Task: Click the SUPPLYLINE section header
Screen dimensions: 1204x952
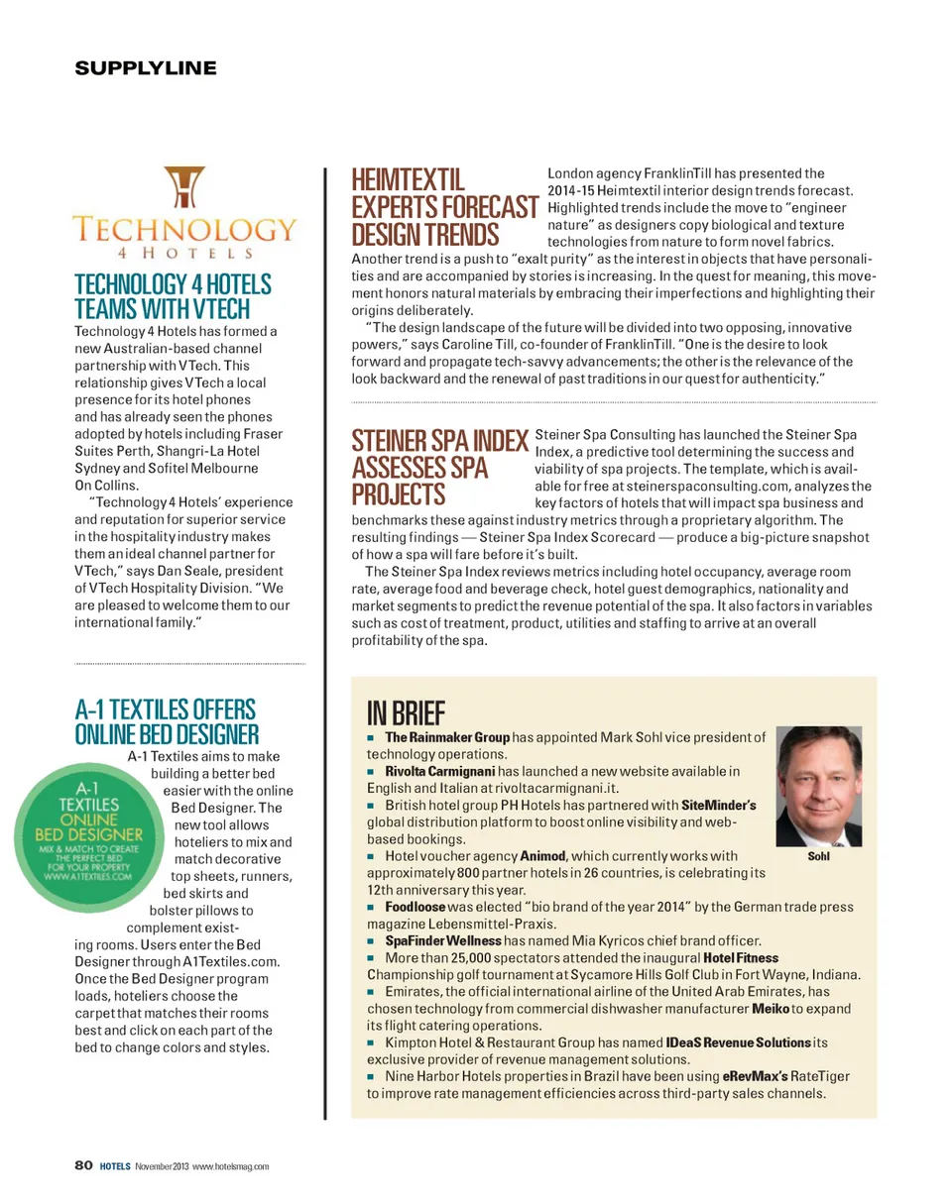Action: point(146,68)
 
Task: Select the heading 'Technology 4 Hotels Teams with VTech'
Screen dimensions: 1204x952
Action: point(173,296)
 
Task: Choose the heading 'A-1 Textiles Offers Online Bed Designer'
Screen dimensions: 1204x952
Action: point(167,721)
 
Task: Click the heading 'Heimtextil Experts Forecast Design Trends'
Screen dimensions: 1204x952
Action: point(444,207)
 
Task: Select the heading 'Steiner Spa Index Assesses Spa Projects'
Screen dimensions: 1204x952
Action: point(439,467)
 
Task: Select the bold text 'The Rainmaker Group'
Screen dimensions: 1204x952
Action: point(447,738)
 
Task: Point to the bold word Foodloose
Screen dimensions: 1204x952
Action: point(416,907)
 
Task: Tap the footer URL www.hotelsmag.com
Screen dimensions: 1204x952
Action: point(231,1166)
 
